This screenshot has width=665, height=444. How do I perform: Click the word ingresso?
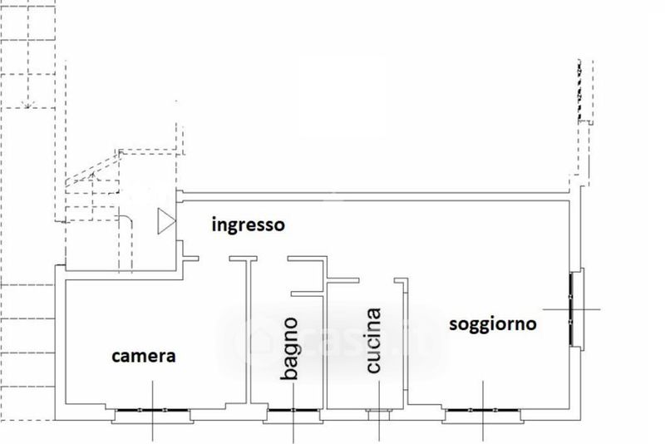248,225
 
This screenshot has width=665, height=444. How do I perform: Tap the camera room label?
144,356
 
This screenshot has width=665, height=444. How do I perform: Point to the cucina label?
373,341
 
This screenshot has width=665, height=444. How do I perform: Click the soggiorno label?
493,324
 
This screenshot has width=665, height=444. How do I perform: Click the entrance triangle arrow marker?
166,221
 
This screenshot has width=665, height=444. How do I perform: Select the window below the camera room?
153,410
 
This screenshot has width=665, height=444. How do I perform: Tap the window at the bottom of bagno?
293,410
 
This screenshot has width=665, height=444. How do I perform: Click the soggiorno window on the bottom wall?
483,410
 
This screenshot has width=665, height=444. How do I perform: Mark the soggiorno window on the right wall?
571,309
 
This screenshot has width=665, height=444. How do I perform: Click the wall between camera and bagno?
249,331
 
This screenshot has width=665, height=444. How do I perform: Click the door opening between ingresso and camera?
214,259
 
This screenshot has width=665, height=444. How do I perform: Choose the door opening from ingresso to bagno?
273,259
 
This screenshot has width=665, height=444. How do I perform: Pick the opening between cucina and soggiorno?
377,280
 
